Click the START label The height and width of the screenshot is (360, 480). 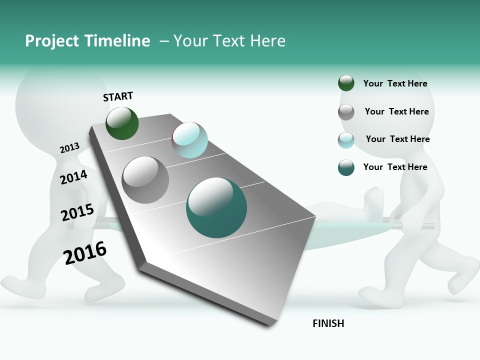pyautogui.click(x=118, y=96)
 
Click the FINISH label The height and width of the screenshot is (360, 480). pyautogui.click(x=328, y=323)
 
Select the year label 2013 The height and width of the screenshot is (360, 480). pyautogui.click(x=70, y=148)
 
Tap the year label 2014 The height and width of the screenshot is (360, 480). pyautogui.click(x=74, y=177)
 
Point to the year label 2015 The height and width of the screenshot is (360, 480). pyautogui.click(x=77, y=212)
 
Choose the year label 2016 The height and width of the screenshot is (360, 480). pyautogui.click(x=85, y=252)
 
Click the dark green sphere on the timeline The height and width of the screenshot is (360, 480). pyautogui.click(x=122, y=123)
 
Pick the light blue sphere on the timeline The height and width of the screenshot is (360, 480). pyautogui.click(x=189, y=140)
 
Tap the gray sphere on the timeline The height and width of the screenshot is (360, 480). pyautogui.click(x=145, y=180)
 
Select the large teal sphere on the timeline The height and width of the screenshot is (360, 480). pyautogui.click(x=216, y=207)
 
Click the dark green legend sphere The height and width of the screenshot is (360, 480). pyautogui.click(x=346, y=83)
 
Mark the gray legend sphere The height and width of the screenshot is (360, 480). pyautogui.click(x=346, y=111)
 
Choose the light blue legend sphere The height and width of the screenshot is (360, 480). pyautogui.click(x=346, y=139)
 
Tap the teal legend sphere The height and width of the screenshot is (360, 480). pyautogui.click(x=346, y=167)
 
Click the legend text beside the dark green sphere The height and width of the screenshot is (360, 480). pyautogui.click(x=395, y=83)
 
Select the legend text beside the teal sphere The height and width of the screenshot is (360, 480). pyautogui.click(x=395, y=167)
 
